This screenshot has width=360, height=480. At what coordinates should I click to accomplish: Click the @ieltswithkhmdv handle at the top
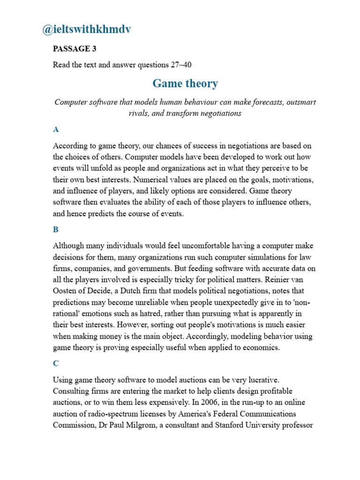pos(87,30)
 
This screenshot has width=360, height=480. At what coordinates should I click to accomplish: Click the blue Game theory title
pos(185,84)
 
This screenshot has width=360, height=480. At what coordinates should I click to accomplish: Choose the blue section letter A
pos(56,129)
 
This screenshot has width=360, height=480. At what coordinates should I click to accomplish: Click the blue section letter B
pos(56,230)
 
